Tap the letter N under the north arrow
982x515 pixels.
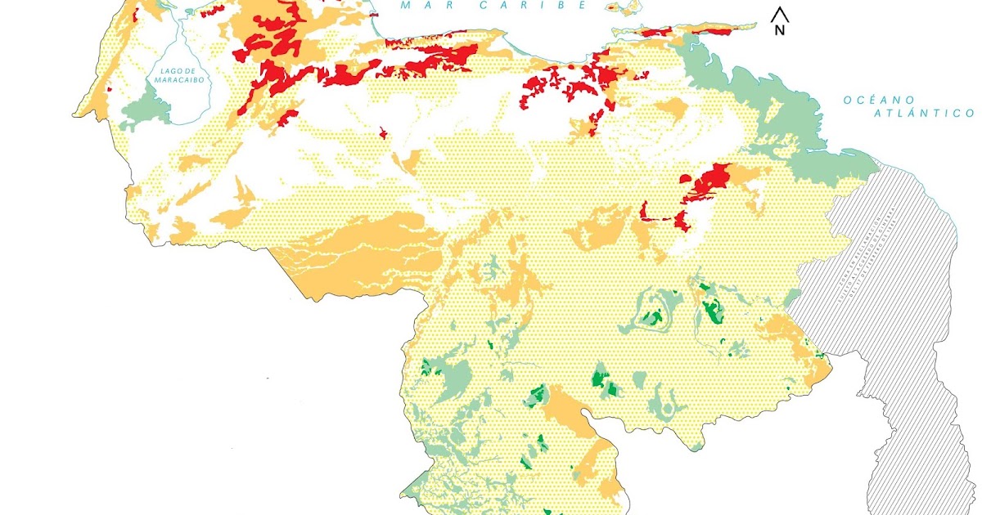(780, 30)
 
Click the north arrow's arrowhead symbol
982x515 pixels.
(780, 13)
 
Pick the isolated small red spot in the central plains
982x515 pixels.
(383, 132)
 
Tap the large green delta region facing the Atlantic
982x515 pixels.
(786, 123)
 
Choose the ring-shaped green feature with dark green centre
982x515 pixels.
(652, 315)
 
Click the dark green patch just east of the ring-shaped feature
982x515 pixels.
(710, 309)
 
